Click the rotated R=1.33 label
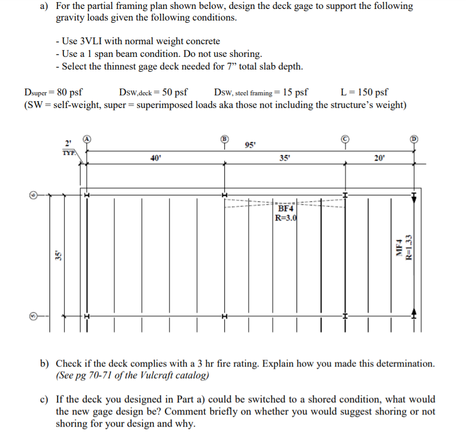tap(408, 246)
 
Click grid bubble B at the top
tap(224, 139)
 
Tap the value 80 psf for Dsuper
tap(68, 92)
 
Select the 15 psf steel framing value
tap(295, 92)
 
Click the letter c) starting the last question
tap(46, 400)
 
